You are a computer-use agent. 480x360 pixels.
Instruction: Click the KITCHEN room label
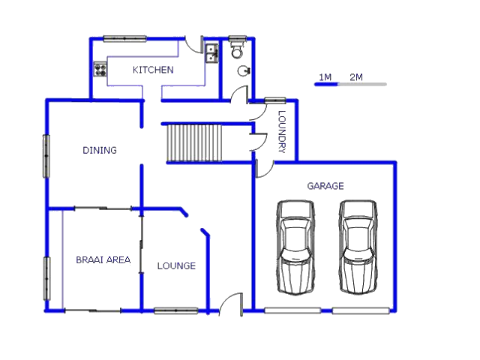click(153, 70)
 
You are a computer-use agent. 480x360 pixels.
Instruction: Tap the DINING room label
click(100, 150)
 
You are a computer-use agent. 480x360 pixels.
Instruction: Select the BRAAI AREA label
click(103, 260)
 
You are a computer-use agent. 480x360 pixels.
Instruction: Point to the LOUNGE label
click(176, 265)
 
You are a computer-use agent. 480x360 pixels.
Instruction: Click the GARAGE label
click(325, 186)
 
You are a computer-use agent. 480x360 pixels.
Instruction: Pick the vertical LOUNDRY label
click(282, 132)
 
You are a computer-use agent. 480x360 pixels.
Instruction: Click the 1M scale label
click(325, 77)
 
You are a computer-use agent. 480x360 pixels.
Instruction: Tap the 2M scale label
click(356, 77)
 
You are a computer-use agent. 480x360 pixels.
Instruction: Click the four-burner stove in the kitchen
click(100, 69)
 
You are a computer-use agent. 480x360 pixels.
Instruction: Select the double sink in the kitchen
click(211, 53)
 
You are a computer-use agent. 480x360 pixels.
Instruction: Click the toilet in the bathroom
click(237, 48)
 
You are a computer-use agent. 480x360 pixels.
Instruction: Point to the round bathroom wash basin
click(244, 70)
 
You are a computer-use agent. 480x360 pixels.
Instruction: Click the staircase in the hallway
click(194, 142)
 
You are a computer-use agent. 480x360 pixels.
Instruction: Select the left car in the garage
click(295, 247)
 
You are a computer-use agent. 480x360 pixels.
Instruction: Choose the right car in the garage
click(358, 247)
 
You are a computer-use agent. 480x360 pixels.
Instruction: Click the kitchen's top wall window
click(125, 39)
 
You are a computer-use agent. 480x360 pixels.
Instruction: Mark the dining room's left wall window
click(46, 156)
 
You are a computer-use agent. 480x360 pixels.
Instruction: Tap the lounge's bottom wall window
click(176, 310)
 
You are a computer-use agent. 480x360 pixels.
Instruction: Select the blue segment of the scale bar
click(326, 84)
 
